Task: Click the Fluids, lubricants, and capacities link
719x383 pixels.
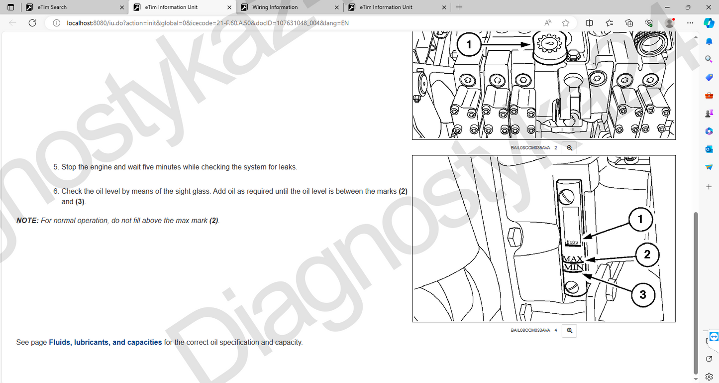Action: click(x=105, y=342)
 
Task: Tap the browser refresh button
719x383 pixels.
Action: click(x=32, y=23)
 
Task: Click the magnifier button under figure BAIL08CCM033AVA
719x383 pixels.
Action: click(x=569, y=331)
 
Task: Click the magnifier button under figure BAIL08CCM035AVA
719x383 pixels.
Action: click(x=569, y=148)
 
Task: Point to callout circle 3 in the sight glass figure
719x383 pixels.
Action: click(x=643, y=295)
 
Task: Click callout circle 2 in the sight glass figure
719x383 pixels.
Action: click(x=647, y=255)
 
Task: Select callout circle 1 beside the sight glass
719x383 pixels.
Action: click(x=640, y=220)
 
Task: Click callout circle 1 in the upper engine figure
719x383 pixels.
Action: click(x=469, y=44)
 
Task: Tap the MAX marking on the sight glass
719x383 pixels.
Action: click(x=573, y=258)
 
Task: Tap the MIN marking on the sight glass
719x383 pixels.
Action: click(x=574, y=267)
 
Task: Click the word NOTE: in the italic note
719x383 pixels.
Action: click(x=27, y=221)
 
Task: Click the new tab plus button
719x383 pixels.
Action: click(x=459, y=7)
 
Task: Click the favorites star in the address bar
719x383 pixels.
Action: click(x=566, y=23)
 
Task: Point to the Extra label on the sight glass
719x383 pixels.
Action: click(x=572, y=242)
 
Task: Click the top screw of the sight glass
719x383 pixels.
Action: click(x=567, y=197)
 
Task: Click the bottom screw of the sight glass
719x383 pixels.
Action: click(x=572, y=286)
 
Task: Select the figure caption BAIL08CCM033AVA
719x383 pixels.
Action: click(x=530, y=330)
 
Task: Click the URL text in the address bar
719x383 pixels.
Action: click(x=207, y=23)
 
